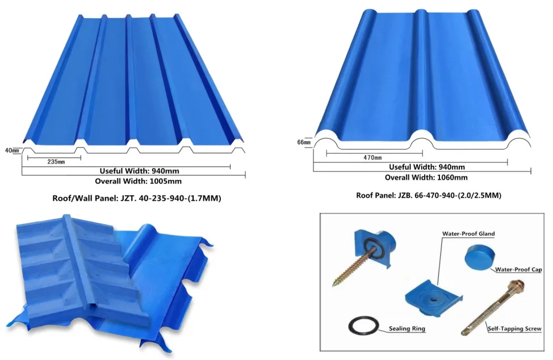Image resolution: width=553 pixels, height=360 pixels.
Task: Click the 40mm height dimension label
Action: click(x=12, y=150)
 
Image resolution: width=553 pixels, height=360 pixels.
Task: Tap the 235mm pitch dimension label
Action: click(x=56, y=162)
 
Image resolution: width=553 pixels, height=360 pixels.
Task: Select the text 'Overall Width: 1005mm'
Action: click(x=139, y=181)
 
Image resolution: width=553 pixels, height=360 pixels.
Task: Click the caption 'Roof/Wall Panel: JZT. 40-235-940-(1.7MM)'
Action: click(x=137, y=198)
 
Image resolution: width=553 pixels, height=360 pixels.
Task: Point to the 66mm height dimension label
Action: click(x=304, y=143)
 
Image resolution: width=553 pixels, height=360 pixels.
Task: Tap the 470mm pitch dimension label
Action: click(x=373, y=158)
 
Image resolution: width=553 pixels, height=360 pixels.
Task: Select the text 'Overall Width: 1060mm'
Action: click(x=426, y=177)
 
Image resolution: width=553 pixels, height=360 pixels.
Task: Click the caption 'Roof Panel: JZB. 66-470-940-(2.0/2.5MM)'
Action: click(x=429, y=195)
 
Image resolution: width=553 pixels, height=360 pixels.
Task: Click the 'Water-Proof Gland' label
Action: click(x=468, y=233)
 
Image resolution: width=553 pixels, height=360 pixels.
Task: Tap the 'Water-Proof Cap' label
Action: click(x=518, y=269)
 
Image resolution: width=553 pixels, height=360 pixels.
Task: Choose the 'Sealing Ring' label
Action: click(x=407, y=329)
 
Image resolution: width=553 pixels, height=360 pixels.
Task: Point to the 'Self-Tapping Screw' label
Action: click(x=514, y=329)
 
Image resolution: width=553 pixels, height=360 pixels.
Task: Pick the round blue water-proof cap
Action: click(x=477, y=257)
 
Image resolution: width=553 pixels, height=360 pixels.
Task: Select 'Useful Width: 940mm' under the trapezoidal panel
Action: click(x=139, y=171)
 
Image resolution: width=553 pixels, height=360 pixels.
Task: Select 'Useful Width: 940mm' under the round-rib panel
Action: click(x=427, y=167)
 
